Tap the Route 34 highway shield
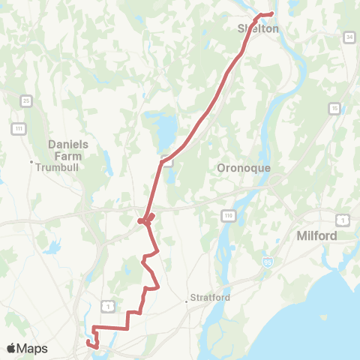pos(349,37)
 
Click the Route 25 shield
pos(26,100)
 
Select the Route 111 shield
pos(17,129)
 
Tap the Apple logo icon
pos(12,348)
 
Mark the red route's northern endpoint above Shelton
pos(271,13)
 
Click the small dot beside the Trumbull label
pos(31,162)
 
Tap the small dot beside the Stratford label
pos(187,301)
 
